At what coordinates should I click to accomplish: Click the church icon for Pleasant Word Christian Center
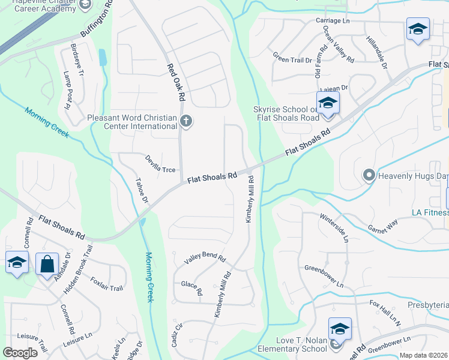[x=186, y=122]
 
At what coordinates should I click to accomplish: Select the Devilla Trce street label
[x=160, y=165]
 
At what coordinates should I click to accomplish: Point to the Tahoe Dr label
[x=142, y=191]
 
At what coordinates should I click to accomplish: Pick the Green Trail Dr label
[x=293, y=58]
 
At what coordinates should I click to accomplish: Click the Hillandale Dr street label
[x=376, y=51]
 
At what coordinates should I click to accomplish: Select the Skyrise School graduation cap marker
[x=328, y=103]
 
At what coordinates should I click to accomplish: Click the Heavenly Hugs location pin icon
[x=369, y=176]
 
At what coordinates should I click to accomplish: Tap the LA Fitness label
[x=430, y=212]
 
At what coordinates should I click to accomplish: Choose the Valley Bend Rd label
[x=205, y=259]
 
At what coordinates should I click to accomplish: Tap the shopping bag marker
[x=47, y=263]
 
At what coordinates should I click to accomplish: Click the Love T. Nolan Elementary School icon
[x=340, y=329]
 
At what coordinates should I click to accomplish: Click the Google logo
[x=20, y=353]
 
